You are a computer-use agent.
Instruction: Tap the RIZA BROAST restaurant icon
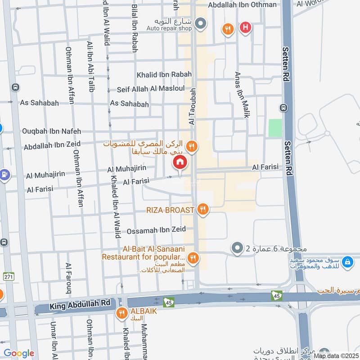(x=203, y=209)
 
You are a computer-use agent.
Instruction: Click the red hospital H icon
(x=245, y=28)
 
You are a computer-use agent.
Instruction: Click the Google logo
(x=19, y=353)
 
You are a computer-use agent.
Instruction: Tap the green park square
(x=275, y=128)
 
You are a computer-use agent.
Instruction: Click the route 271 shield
(x=9, y=276)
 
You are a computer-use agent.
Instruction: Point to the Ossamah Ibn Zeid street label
(x=156, y=230)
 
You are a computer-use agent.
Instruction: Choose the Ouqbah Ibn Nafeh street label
(x=51, y=131)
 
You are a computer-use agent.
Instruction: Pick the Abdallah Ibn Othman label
(x=242, y=4)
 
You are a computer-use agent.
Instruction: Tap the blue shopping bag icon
(x=347, y=261)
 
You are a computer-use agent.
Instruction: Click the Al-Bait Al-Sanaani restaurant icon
(x=194, y=258)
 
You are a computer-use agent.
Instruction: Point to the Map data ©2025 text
(x=336, y=355)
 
